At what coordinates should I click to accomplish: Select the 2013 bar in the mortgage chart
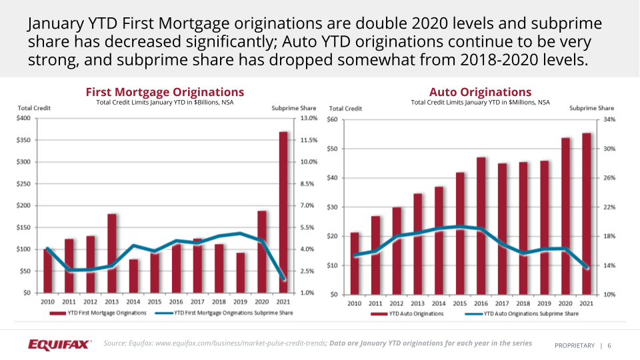112,253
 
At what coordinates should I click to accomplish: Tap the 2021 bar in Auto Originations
587,213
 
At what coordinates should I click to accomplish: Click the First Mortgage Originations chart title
165,92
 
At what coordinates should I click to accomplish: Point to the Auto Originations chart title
480,92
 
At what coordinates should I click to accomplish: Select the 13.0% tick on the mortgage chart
308,119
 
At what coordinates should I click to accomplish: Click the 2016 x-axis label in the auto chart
481,303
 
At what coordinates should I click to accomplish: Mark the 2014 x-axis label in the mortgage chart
134,301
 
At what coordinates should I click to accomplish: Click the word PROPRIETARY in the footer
574,345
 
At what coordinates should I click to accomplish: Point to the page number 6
609,345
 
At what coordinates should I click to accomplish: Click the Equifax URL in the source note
241,343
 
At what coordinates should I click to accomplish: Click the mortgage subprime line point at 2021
284,278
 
